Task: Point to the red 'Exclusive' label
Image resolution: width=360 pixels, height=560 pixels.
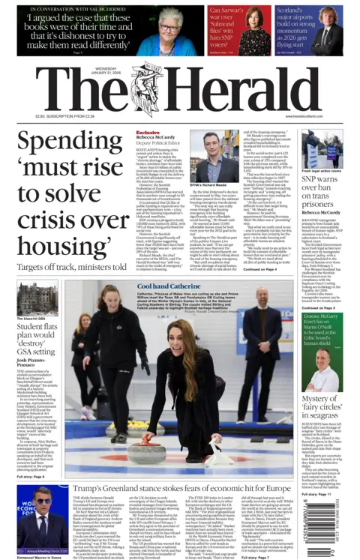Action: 147,132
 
